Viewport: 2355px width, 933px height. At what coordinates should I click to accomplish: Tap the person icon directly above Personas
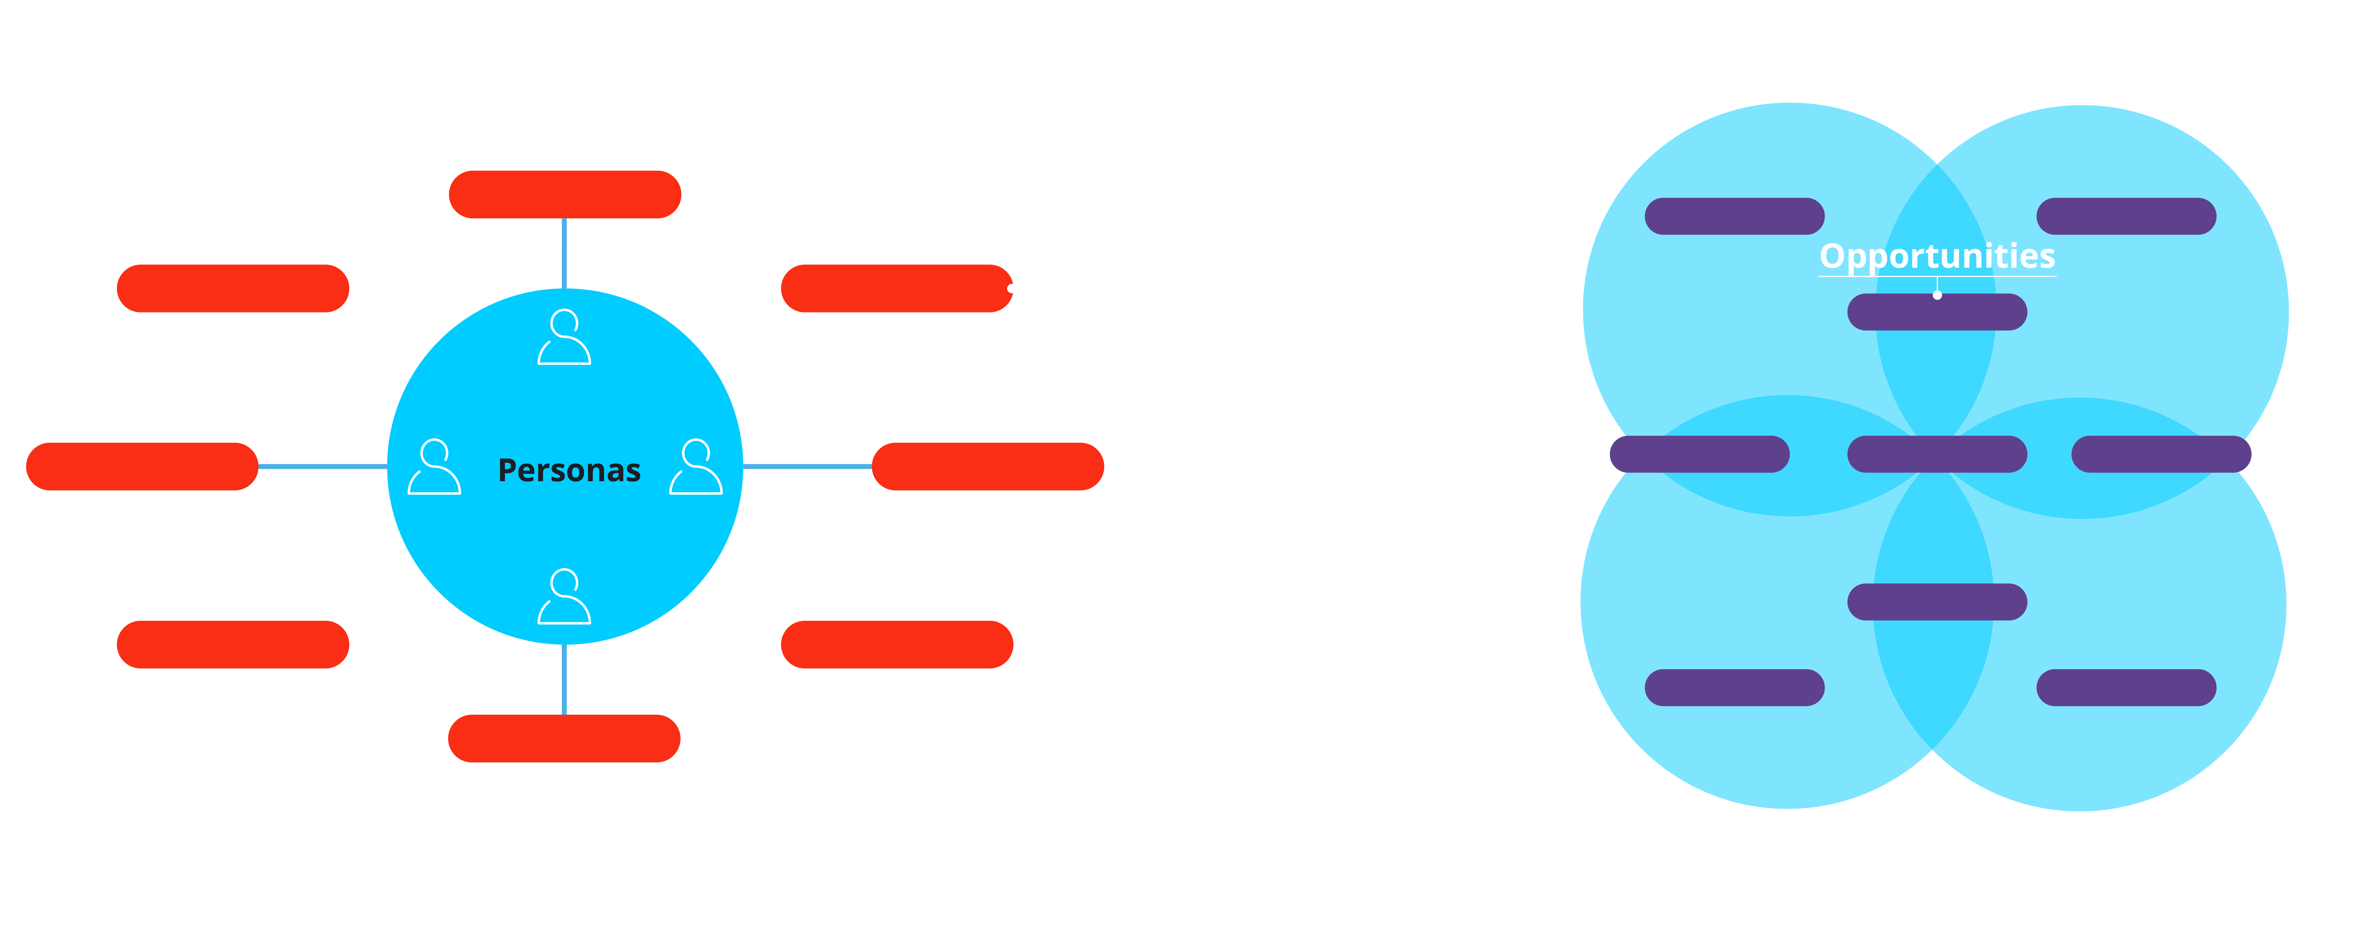point(564,338)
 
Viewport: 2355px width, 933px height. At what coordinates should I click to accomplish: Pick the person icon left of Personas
point(434,467)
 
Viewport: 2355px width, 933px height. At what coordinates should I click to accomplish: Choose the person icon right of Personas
point(696,467)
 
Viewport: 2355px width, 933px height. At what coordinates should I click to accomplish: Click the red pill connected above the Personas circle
point(565,194)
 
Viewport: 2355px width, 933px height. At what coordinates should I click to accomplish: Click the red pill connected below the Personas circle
point(564,738)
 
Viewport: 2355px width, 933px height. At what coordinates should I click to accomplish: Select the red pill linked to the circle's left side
point(142,466)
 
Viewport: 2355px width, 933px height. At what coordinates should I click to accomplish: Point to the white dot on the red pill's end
point(1010,288)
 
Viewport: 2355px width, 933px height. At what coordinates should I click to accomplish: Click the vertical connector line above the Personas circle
point(564,253)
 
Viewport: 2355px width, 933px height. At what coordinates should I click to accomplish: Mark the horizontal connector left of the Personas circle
point(323,466)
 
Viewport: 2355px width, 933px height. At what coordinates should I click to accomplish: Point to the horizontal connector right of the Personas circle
point(807,466)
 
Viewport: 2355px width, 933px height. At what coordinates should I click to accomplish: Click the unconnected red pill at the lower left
point(233,644)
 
